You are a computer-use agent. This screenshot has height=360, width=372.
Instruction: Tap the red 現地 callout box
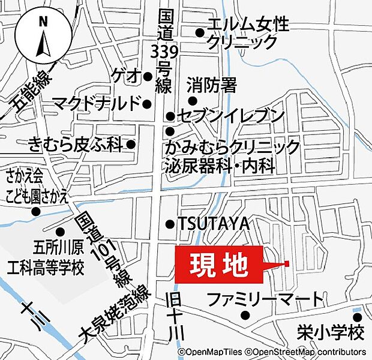[x=219, y=264]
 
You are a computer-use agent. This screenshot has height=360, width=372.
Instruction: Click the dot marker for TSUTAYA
[x=170, y=224]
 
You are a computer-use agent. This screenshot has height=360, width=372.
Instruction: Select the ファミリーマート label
[x=265, y=299]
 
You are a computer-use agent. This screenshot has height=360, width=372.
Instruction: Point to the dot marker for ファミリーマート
[x=244, y=315]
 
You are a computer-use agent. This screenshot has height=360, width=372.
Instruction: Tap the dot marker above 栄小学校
[x=358, y=317]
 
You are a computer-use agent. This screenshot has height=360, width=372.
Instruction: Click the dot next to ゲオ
[x=148, y=76]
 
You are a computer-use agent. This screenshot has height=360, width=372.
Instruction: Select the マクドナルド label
[x=96, y=103]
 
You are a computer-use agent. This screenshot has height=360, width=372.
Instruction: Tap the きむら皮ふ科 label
[x=75, y=144]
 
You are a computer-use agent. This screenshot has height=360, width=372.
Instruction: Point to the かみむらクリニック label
[x=233, y=148]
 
